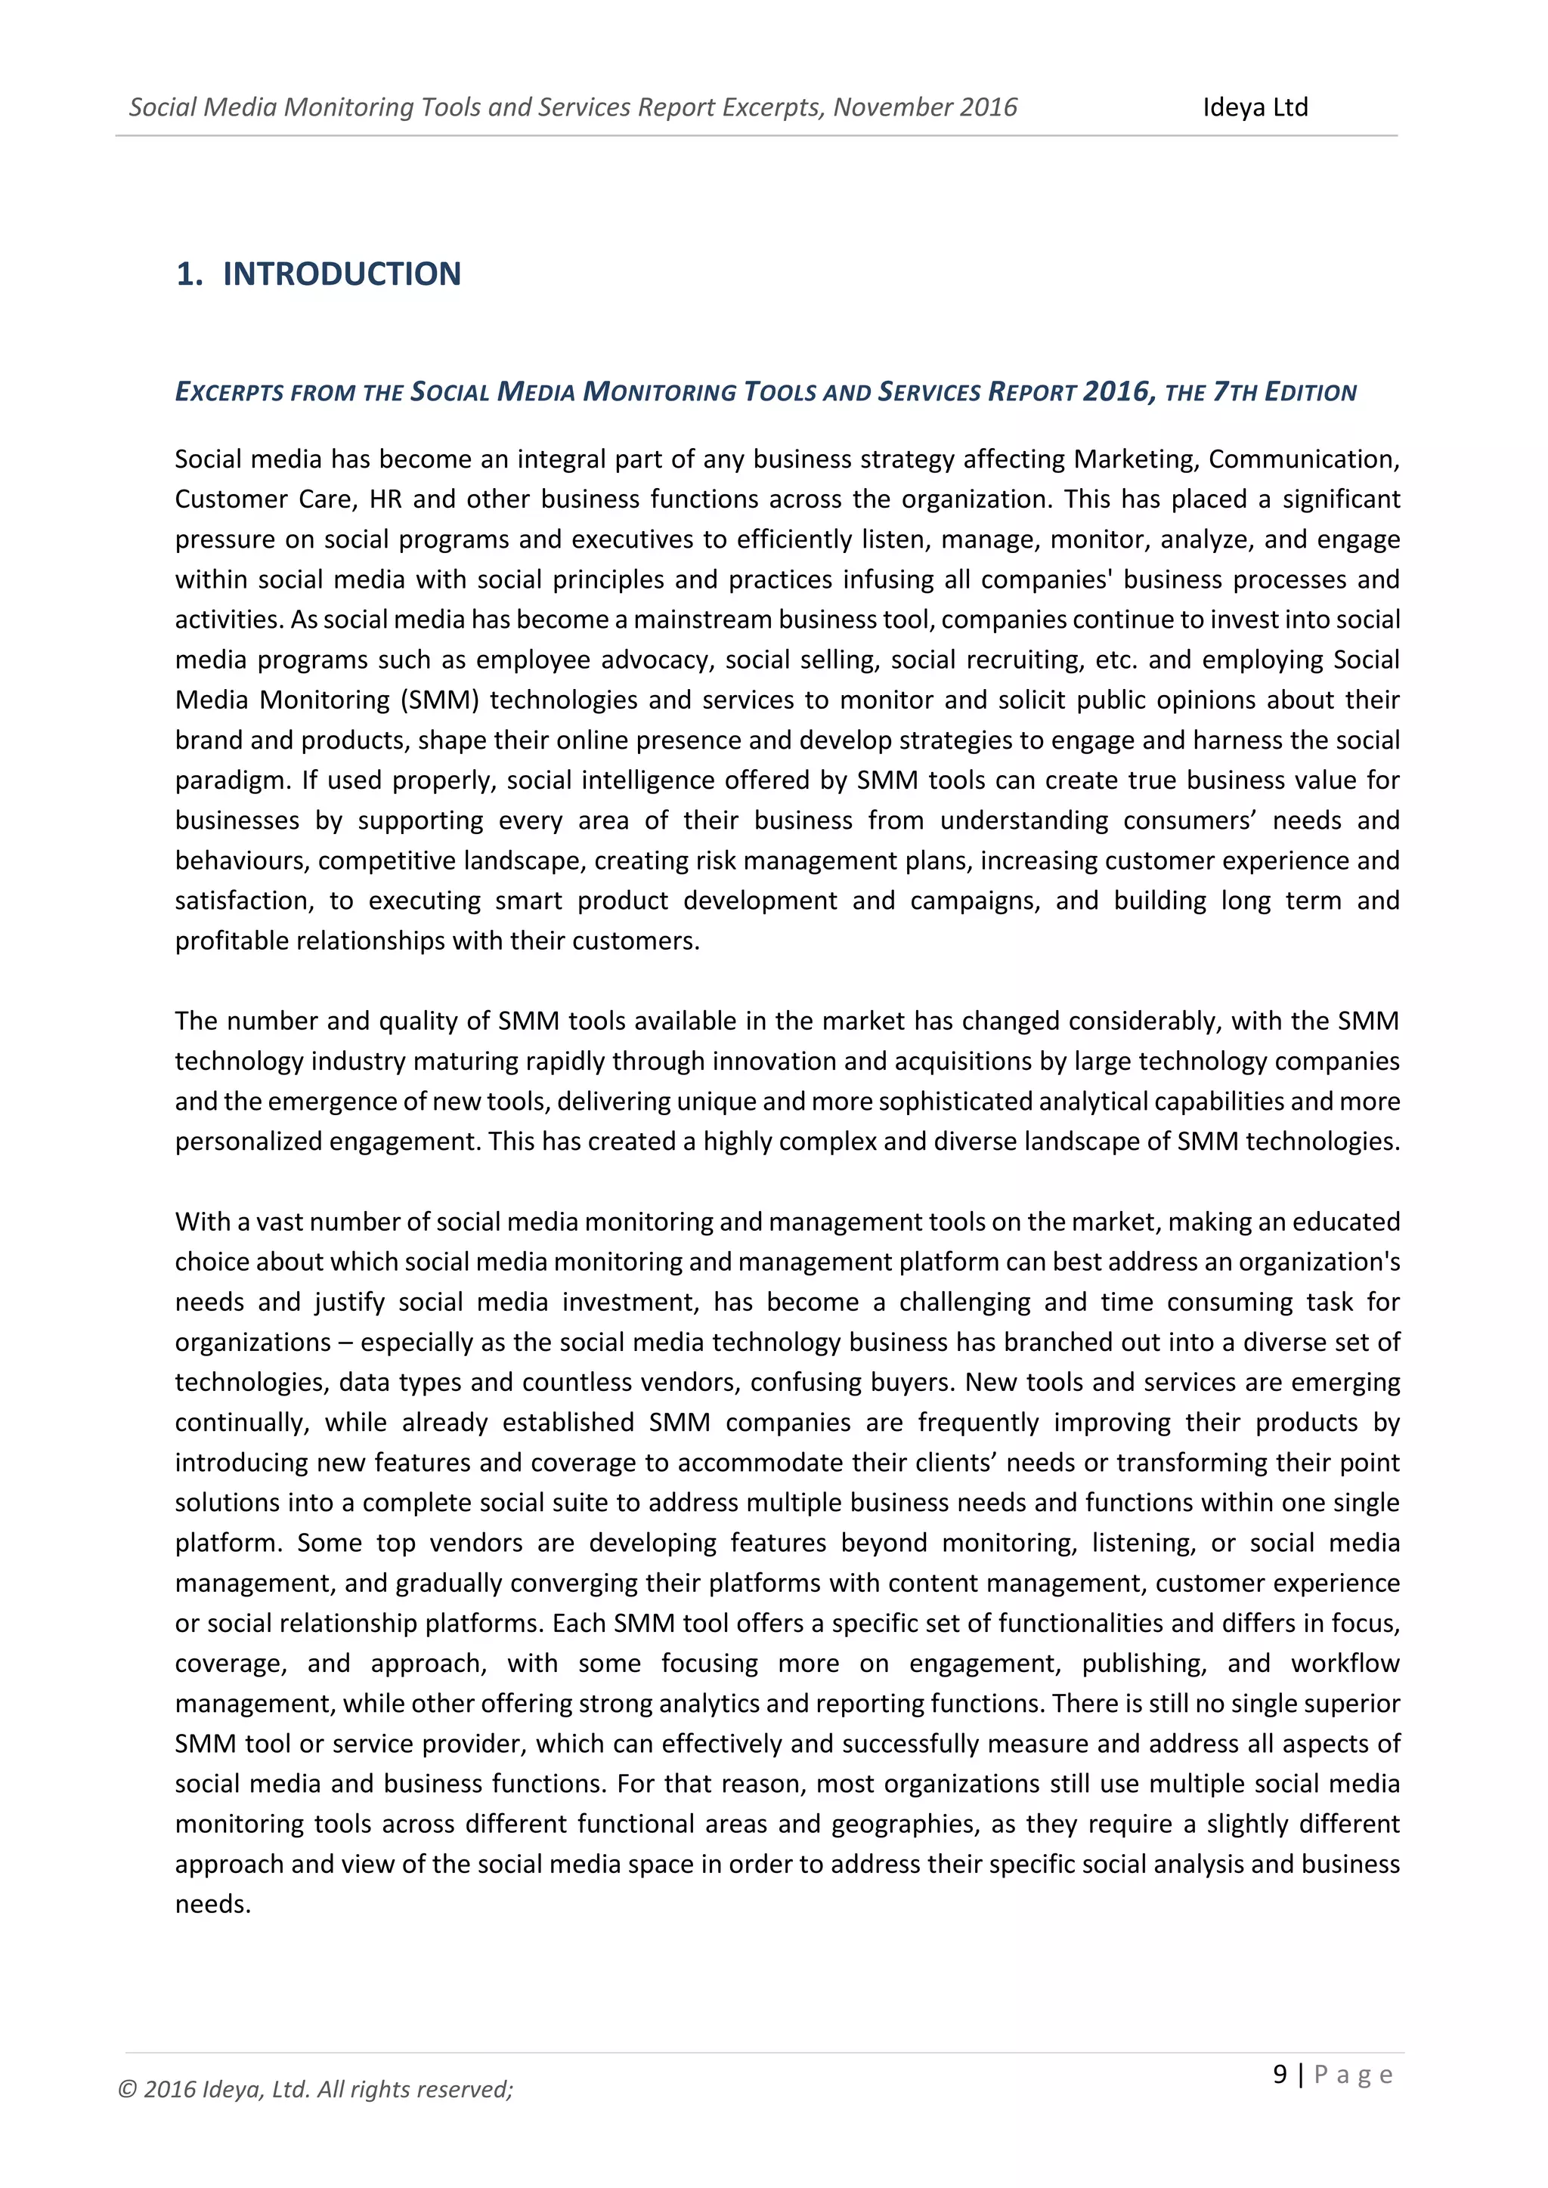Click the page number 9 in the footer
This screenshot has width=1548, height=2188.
pyautogui.click(x=1279, y=2074)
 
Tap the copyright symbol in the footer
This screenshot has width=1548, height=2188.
pyautogui.click(x=127, y=2090)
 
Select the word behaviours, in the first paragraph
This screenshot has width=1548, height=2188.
pyautogui.click(x=241, y=861)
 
